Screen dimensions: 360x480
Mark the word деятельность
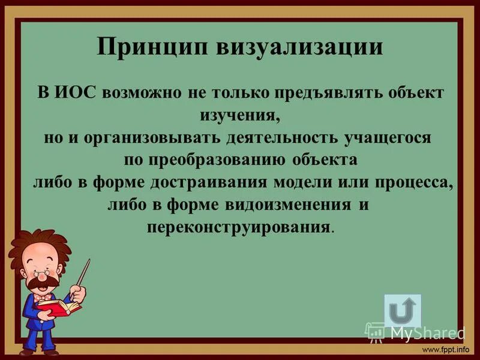(281, 138)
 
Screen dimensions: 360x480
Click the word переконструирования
(238, 227)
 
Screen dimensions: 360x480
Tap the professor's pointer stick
(80, 278)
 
